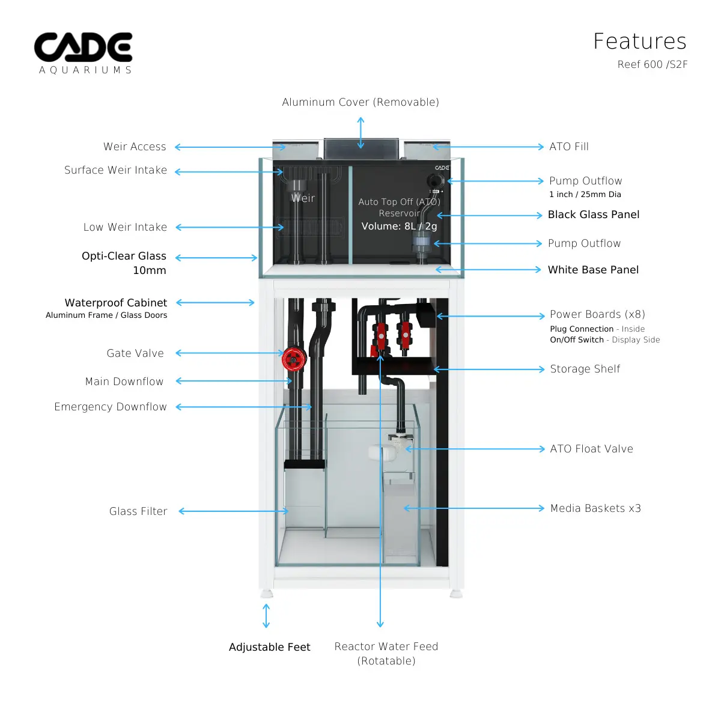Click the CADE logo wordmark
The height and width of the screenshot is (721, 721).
point(83,47)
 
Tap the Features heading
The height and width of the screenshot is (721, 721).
point(639,41)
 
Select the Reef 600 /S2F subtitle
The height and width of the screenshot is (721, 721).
point(652,64)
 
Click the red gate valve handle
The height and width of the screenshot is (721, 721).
point(293,359)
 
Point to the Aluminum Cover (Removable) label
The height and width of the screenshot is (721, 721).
point(360,102)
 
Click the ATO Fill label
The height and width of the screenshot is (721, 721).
point(568,147)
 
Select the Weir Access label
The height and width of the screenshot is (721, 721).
point(135,147)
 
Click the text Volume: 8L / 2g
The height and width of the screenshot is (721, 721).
point(399,226)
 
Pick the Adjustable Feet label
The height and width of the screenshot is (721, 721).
point(269,647)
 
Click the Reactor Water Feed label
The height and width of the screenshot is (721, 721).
point(386,646)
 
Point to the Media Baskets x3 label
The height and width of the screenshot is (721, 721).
point(595,508)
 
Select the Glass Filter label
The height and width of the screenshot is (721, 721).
point(138,511)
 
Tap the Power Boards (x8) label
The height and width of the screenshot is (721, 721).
point(597,314)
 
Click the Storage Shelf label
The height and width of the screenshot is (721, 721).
point(585,369)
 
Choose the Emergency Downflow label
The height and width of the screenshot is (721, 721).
point(111,407)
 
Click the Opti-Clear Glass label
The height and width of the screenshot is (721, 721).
point(124,256)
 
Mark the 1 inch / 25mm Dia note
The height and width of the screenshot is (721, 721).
point(585,194)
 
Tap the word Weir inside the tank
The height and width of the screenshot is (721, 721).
point(303,198)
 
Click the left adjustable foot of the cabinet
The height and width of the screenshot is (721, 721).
point(267,594)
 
